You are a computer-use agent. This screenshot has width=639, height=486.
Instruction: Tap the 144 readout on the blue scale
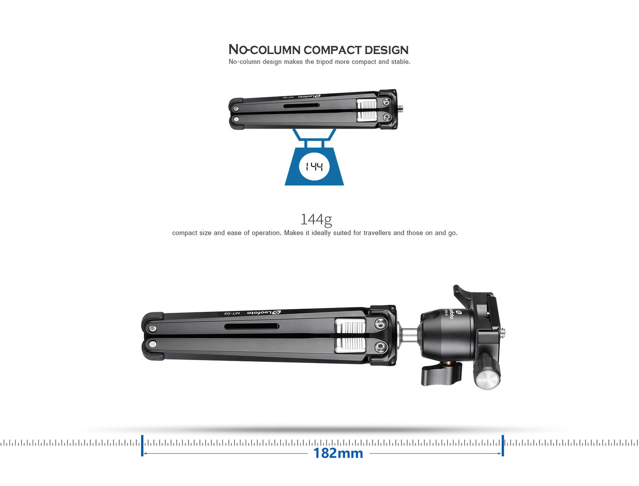tap(314, 167)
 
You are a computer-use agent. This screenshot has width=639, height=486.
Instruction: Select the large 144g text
tap(316, 220)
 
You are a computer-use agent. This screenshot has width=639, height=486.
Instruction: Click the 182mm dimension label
tap(338, 453)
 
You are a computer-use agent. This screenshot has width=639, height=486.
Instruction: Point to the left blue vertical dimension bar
tap(142, 446)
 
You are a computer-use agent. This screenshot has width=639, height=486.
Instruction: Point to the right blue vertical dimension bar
tap(503, 446)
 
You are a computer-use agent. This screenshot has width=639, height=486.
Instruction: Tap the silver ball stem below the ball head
tap(408, 334)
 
